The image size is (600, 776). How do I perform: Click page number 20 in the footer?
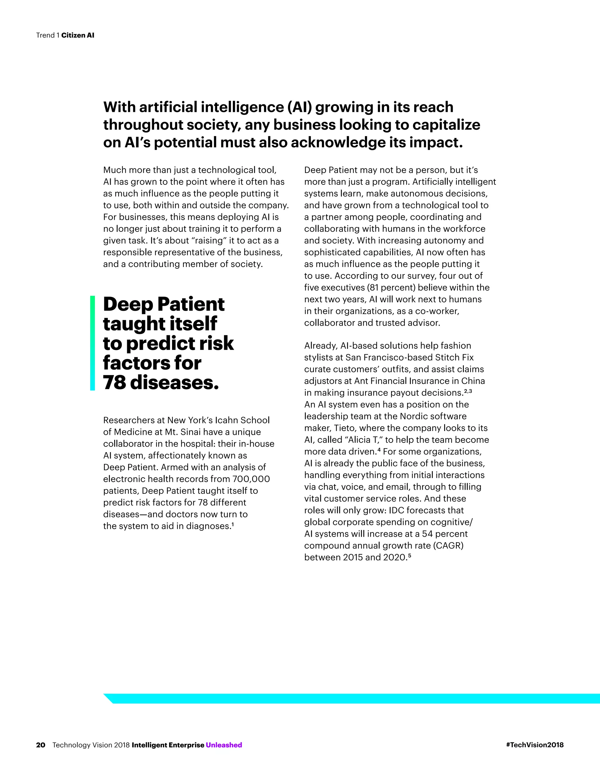pos(40,745)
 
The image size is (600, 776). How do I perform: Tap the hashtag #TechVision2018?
pos(535,745)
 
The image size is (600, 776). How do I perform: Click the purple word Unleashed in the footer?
pos(224,745)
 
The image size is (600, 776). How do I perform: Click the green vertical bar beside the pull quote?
pos(92,343)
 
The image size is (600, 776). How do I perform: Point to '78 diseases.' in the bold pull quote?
pos(161,383)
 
